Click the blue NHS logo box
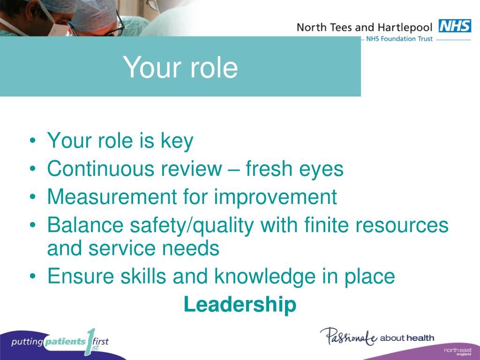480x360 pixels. click(x=454, y=26)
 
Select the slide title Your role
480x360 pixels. click(x=180, y=67)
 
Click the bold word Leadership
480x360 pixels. click(x=240, y=305)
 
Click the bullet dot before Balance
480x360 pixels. click(x=32, y=226)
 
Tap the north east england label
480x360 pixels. click(x=457, y=352)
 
